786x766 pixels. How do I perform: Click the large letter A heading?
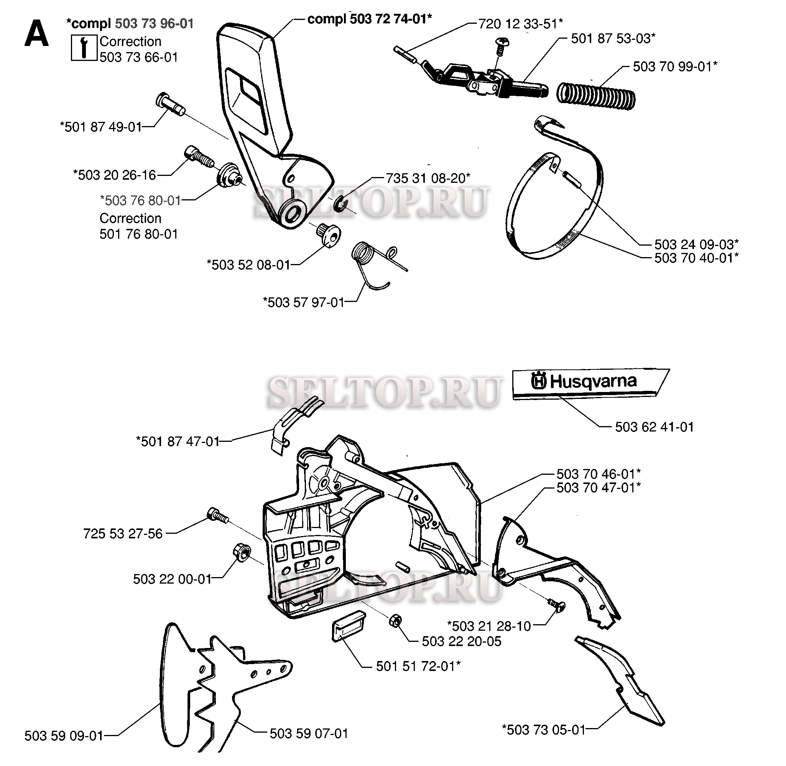click(37, 35)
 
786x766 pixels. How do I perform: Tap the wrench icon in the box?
click(84, 48)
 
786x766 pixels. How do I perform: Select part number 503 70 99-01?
click(675, 67)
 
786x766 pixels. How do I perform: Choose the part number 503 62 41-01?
click(655, 427)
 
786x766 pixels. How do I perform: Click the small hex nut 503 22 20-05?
click(395, 620)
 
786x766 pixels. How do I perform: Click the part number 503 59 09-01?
click(64, 736)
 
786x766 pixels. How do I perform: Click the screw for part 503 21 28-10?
click(557, 605)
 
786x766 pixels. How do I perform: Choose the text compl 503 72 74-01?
click(370, 19)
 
